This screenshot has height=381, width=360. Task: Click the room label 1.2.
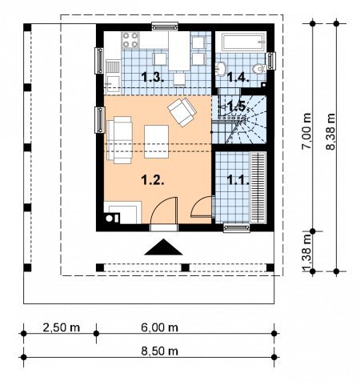pos(152,180)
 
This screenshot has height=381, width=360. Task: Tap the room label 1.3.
pos(152,78)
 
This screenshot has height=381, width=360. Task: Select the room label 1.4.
pos(238,78)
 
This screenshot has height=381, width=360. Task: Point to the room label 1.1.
pos(238,180)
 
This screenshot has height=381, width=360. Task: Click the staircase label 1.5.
pos(238,106)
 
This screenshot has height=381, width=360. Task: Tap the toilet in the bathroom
pos(259,69)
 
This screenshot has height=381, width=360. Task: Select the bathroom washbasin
pos(221,69)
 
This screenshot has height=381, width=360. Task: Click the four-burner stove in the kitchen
pos(130,40)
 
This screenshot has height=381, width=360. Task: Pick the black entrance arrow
pos(163,247)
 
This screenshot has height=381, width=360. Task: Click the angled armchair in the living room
pos(182,112)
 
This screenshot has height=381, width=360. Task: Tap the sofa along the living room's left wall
pos(119,140)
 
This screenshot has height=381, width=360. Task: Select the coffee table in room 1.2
pos(156,142)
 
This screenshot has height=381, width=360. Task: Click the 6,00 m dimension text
pos(159,327)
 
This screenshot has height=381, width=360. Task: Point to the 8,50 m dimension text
pos(159,351)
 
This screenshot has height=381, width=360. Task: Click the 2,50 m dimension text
pos(62,327)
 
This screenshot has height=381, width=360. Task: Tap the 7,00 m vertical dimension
pos(306,130)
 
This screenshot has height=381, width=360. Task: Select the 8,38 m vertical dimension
pos(330,131)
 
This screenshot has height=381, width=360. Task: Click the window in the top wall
pos(165,26)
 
